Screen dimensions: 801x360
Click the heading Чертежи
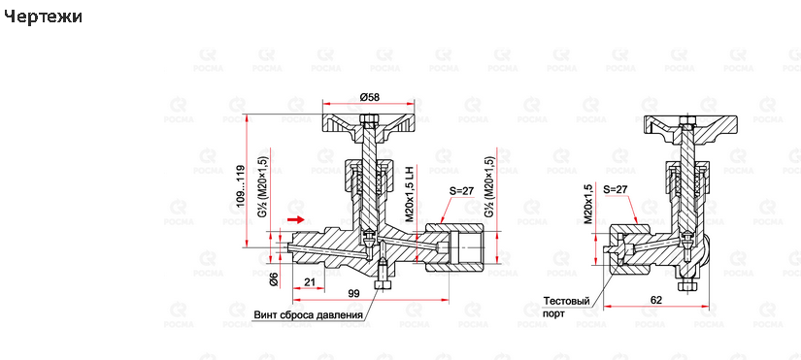(43, 16)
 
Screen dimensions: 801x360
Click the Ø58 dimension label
(369, 97)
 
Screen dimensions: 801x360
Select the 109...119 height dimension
(241, 183)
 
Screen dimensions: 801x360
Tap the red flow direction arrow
(298, 220)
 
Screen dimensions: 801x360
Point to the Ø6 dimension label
(275, 278)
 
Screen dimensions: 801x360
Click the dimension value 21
(310, 281)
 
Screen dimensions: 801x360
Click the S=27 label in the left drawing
(461, 191)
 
